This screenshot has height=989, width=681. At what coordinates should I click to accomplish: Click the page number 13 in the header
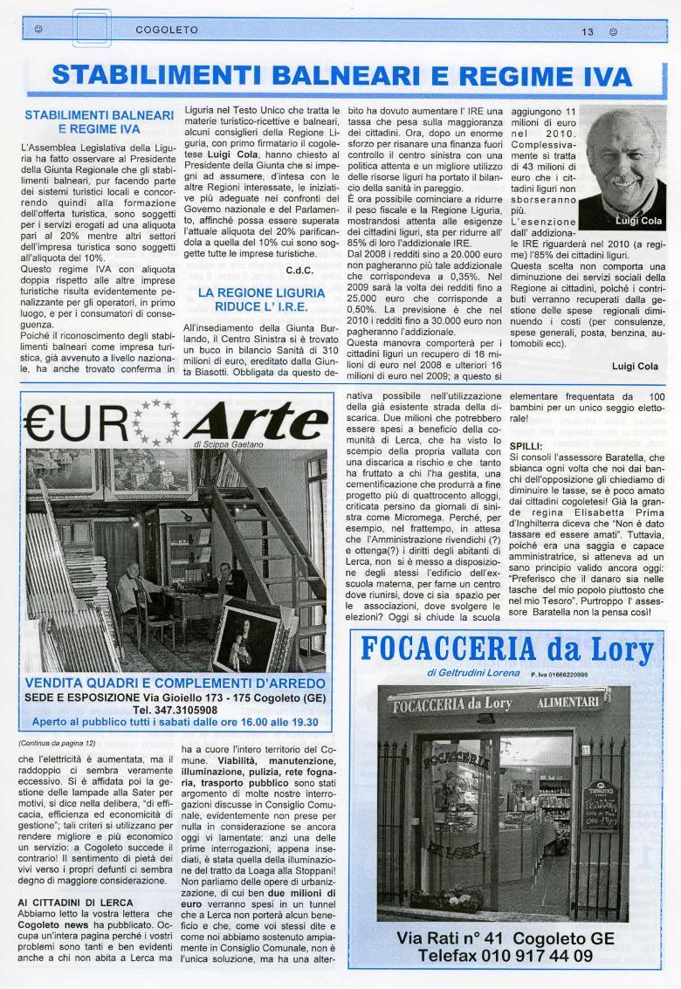(588, 31)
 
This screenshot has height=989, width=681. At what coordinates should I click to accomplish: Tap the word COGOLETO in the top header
(167, 31)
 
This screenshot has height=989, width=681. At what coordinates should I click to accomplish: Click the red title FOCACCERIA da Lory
(506, 649)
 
